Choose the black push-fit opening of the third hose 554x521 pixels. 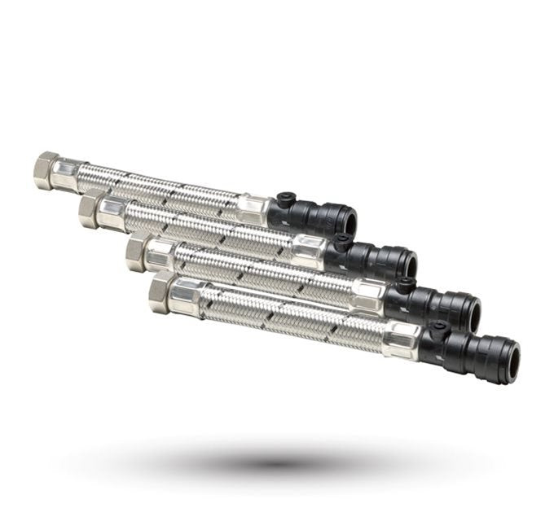[x=471, y=311]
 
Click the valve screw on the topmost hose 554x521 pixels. [x=285, y=198]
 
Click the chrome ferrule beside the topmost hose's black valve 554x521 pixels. [x=254, y=208]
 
